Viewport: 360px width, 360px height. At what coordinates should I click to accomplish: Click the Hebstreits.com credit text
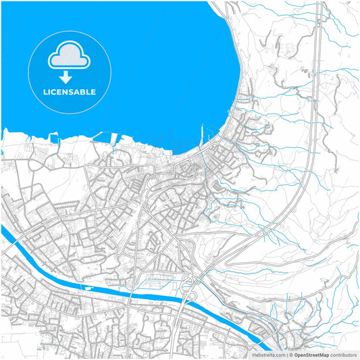268,355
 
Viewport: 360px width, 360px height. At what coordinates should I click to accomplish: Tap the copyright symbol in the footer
290,355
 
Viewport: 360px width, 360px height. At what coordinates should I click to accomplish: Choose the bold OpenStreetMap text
311,355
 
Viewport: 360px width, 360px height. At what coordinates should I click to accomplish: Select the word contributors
343,355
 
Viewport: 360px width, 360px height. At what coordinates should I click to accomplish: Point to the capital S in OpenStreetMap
306,355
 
